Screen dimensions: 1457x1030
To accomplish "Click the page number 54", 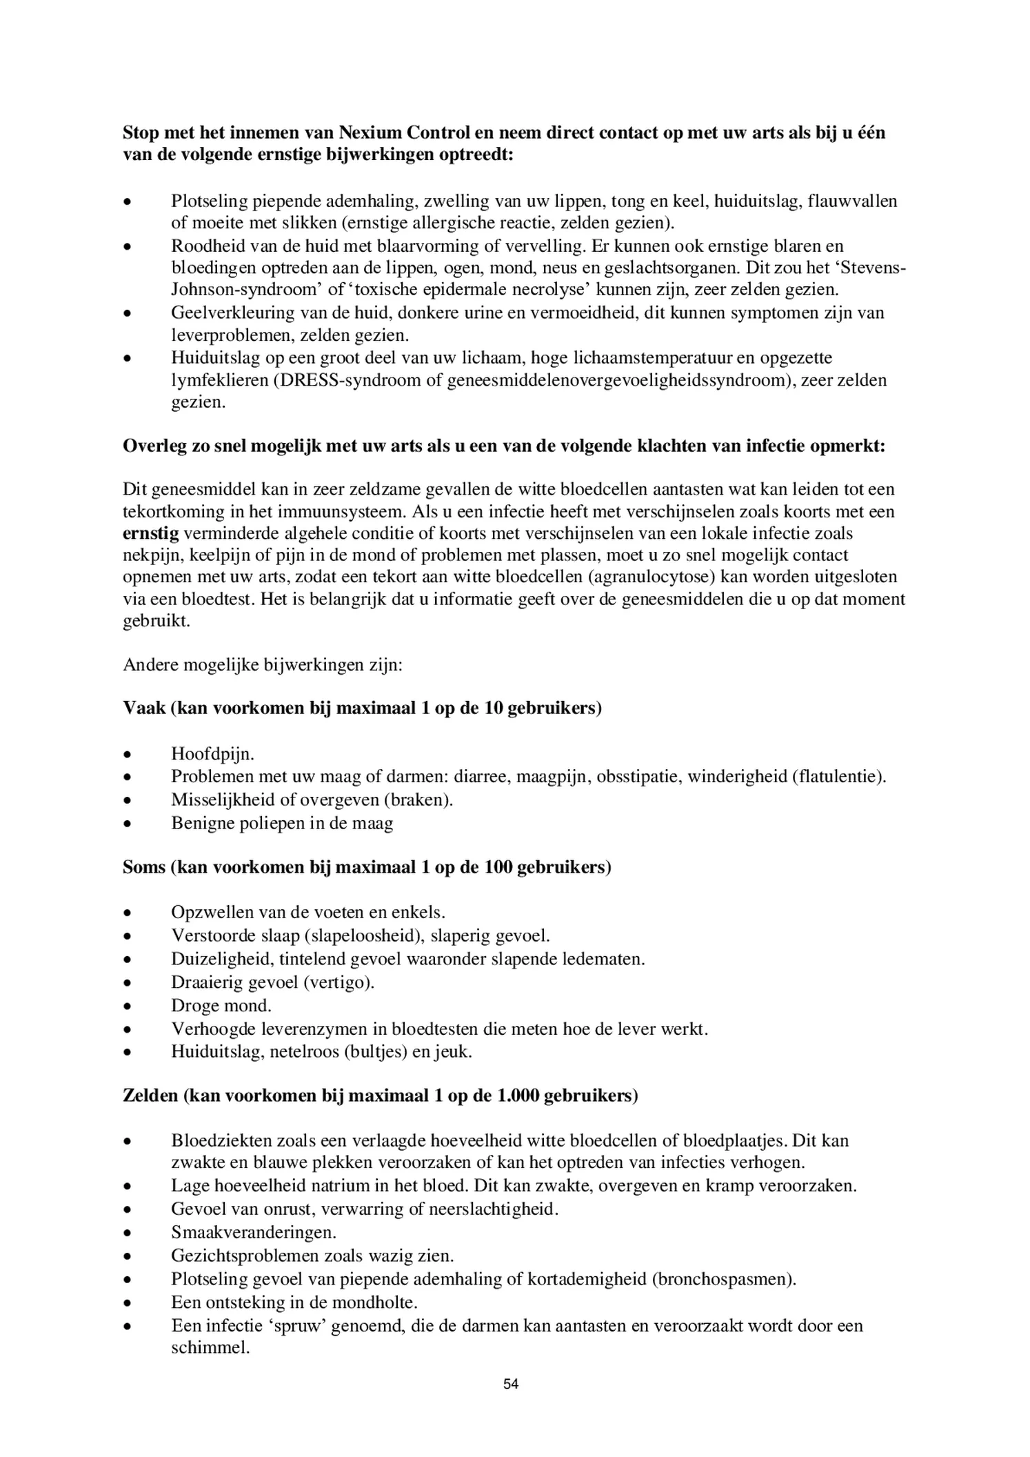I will pos(511,1383).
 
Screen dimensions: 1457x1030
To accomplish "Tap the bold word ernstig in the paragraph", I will pos(150,533).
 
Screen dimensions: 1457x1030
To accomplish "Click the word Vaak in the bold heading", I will pos(143,708).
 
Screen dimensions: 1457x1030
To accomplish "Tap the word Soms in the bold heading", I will pos(143,866).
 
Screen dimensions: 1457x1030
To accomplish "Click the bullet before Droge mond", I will pos(128,1007).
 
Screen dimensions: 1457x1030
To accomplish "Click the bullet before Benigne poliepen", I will pos(128,824).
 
